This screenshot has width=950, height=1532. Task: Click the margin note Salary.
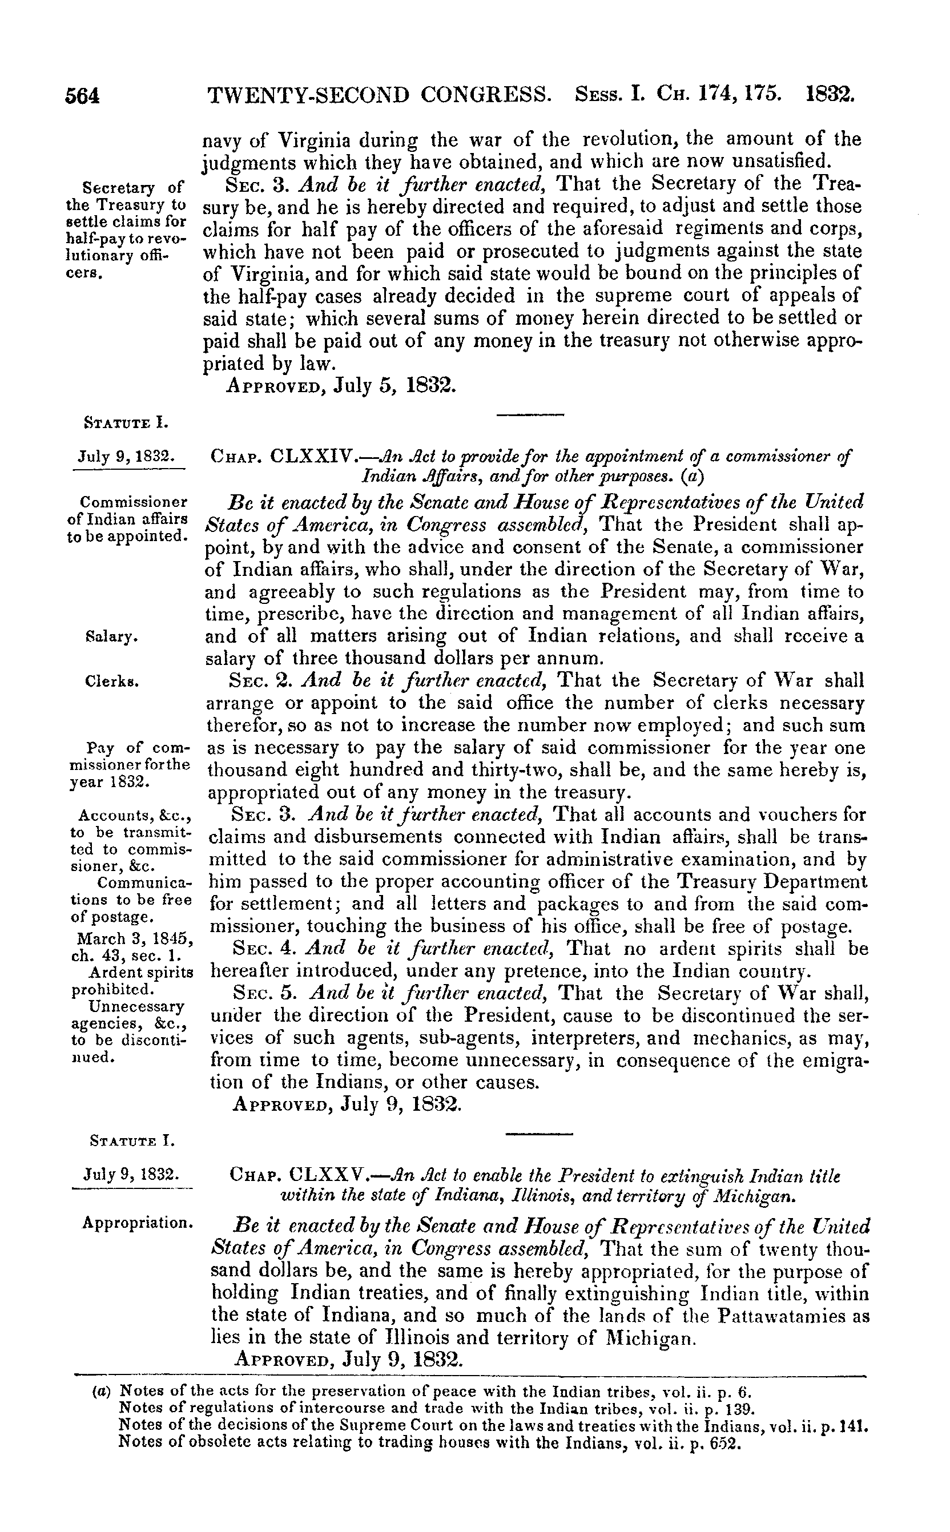click(111, 637)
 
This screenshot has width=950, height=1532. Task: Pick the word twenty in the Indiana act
click(794, 1247)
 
